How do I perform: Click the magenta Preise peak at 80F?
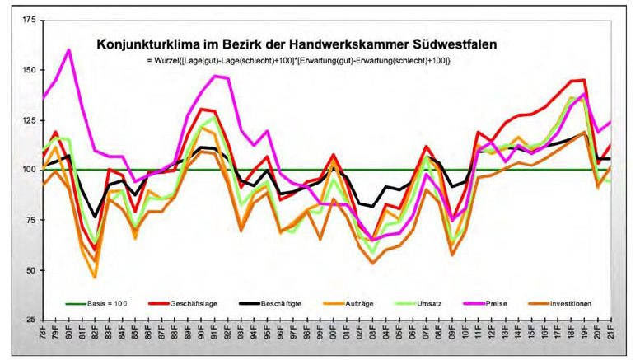[68, 50]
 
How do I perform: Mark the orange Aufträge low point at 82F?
[95, 277]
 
